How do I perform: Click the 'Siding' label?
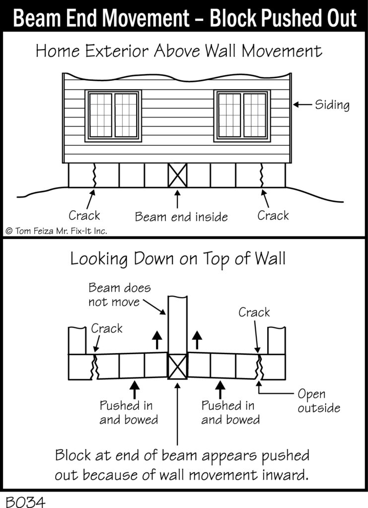pos(332,105)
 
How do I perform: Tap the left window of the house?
pos(113,116)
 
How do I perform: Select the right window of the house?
pos(242,116)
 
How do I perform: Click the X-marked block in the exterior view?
pos(177,175)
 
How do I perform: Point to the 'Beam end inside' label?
pos(181,217)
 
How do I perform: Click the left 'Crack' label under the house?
pos(84,215)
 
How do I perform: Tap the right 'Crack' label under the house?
pos(273,215)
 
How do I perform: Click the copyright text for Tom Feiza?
pos(56,231)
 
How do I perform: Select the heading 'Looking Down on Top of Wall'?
pos(178,259)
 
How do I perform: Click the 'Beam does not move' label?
pos(120,295)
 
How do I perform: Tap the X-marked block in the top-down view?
pos(177,367)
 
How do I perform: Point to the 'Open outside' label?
pos(319,401)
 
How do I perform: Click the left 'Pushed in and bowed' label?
pos(129,412)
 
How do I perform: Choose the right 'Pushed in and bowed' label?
pos(230,412)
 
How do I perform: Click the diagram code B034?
pos(25,501)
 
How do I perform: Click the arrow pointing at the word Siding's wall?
pos(302,104)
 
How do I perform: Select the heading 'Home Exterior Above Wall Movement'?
pos(179,51)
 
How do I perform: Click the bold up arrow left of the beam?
pos(157,340)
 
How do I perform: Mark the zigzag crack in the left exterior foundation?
pos(94,175)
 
